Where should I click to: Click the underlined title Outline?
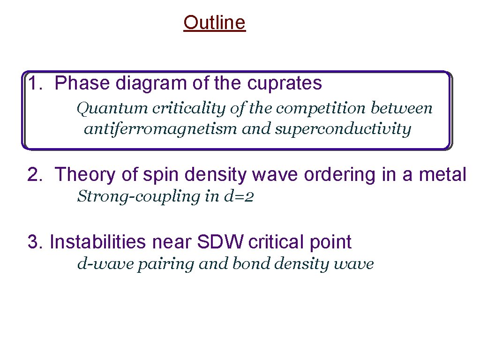point(214,22)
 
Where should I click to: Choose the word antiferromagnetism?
point(161,129)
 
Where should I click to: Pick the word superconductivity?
point(343,129)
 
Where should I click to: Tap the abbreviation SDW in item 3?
point(221,242)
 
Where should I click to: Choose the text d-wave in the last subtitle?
point(97,264)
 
